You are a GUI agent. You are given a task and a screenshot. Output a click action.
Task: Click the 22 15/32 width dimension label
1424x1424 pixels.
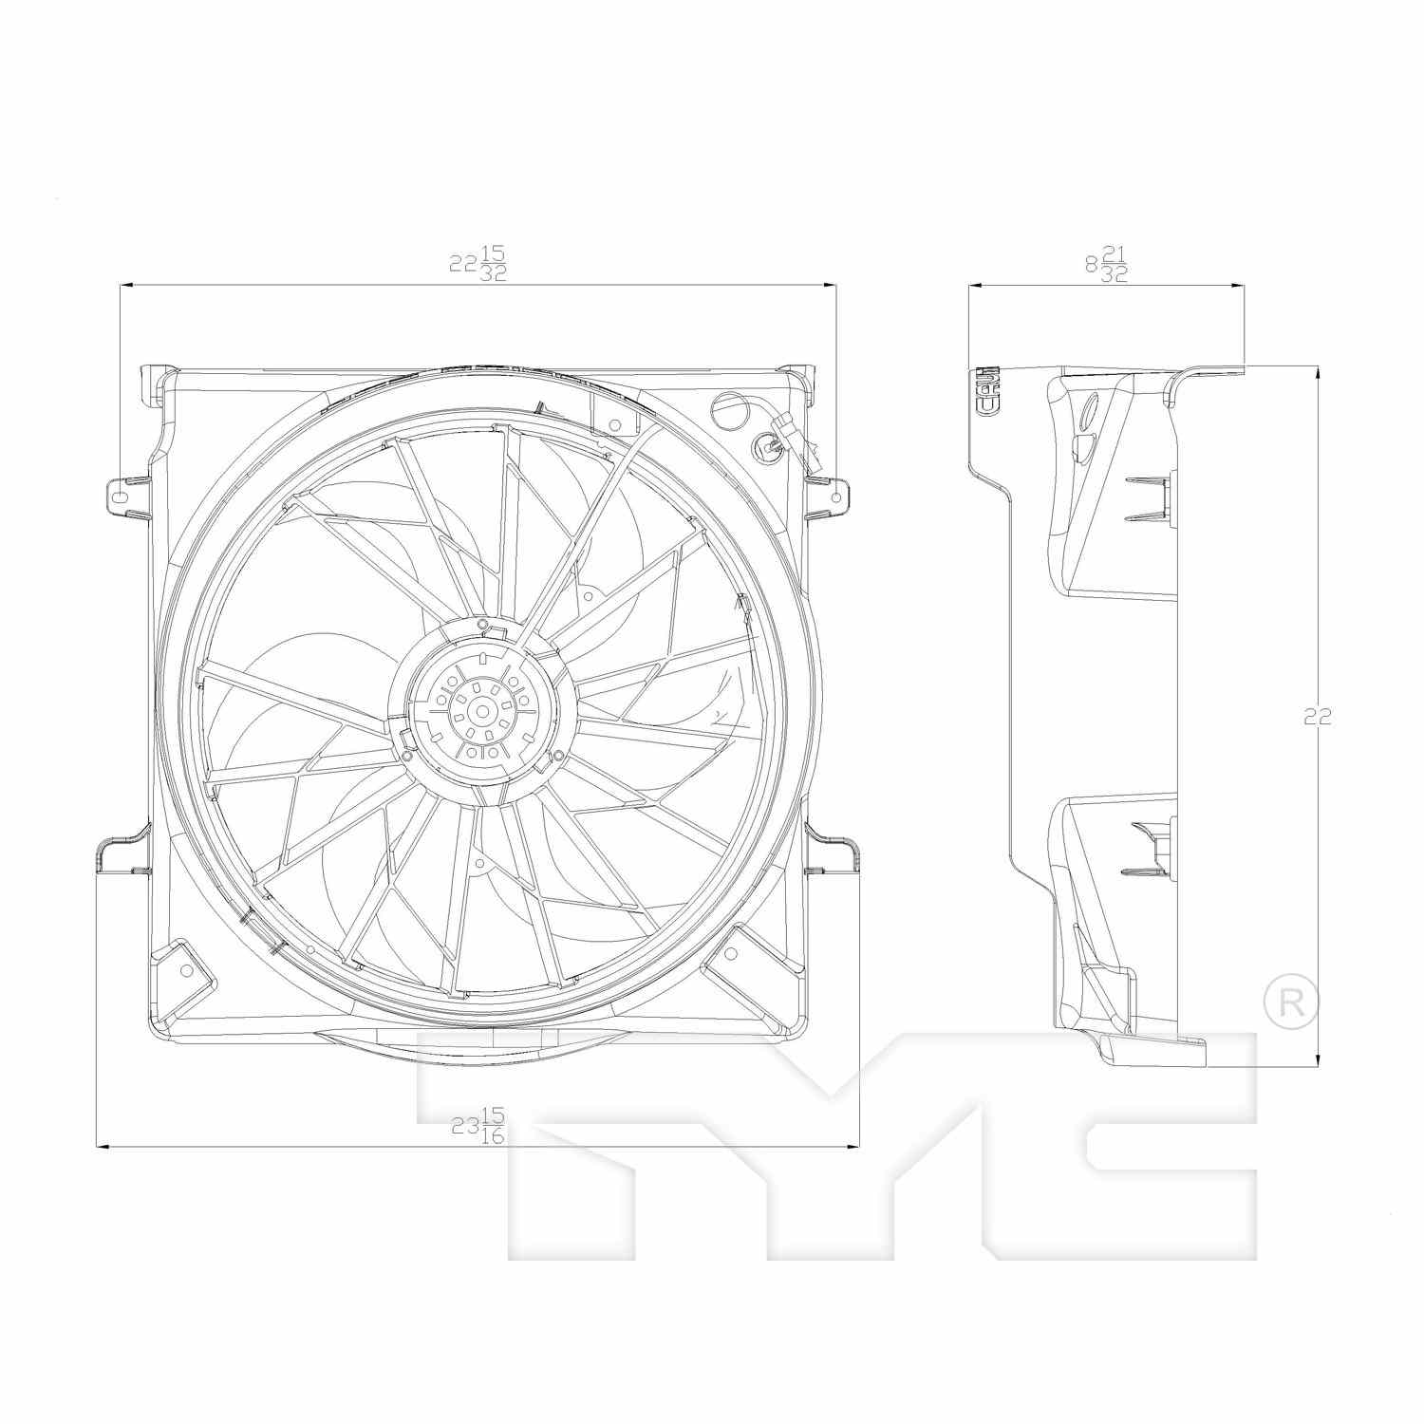point(478,263)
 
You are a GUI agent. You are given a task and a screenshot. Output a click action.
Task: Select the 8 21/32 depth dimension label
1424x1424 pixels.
point(1106,263)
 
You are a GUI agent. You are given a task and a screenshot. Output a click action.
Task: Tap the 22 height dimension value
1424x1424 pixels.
point(1317,718)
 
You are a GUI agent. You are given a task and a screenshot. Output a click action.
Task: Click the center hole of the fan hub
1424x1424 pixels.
point(482,711)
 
